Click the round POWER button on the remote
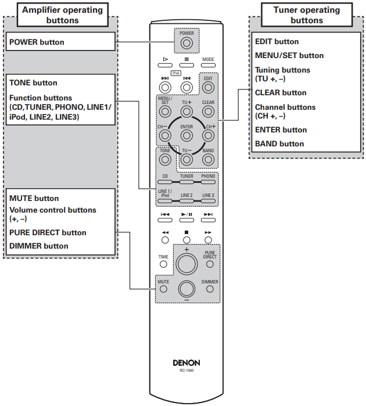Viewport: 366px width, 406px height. [186, 44]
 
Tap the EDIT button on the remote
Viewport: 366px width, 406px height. [208, 88]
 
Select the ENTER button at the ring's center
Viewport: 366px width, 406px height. [186, 135]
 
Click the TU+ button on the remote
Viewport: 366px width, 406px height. [186, 113]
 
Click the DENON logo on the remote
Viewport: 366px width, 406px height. [186, 362]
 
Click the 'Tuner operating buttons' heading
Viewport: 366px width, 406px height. [306, 15]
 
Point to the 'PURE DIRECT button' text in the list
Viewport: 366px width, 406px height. [48, 232]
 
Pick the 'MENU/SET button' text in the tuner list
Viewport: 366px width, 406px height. [289, 55]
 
